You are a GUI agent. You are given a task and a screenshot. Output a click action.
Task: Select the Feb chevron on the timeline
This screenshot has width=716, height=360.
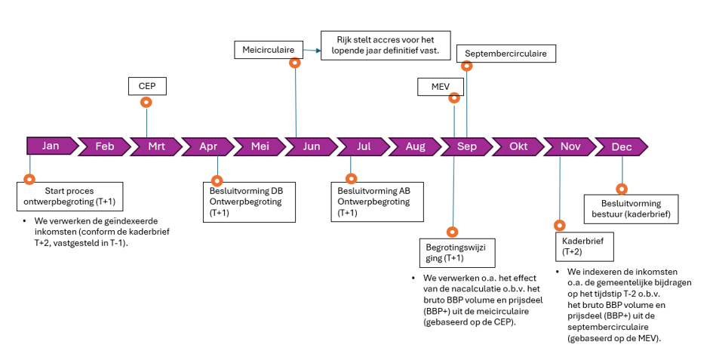point(104,146)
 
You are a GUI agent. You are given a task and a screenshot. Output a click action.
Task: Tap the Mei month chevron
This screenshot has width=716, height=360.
point(260,146)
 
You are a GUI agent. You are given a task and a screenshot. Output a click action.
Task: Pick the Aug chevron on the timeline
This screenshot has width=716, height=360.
point(414,146)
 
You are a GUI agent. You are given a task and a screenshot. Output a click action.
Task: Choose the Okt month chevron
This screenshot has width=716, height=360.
point(518,146)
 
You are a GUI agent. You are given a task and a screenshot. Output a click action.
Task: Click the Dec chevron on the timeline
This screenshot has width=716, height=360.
point(622,146)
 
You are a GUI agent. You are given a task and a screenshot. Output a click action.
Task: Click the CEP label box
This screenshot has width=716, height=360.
point(147,86)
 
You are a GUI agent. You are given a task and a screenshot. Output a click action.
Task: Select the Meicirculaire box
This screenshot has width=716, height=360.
point(268,50)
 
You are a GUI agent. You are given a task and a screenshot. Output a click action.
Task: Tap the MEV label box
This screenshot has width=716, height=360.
point(441,87)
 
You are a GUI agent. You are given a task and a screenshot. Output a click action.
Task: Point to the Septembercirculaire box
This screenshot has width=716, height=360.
point(510,54)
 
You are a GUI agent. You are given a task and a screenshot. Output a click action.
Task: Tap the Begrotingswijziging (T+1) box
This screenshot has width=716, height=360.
point(453,252)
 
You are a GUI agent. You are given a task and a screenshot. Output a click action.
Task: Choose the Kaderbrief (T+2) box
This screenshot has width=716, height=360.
point(583,246)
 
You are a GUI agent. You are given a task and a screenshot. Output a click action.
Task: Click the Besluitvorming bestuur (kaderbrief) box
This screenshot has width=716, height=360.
point(631,209)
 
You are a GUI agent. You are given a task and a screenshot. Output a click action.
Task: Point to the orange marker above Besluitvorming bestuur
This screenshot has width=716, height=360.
point(622,189)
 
